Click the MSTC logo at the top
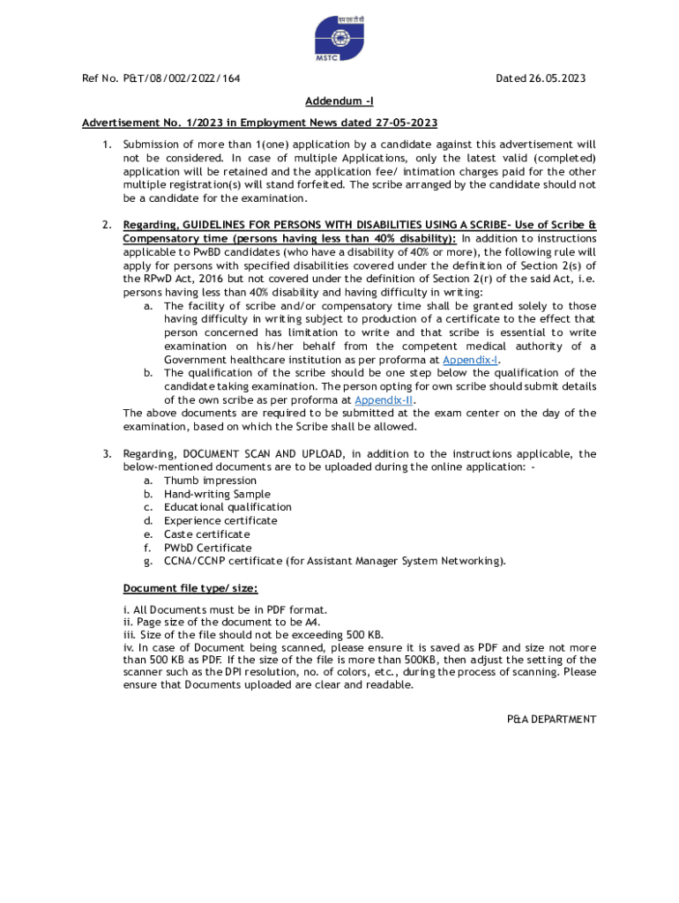pos(339,39)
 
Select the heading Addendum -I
pos(339,101)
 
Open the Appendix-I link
pos(471,360)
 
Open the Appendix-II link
pos(384,399)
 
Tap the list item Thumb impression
pos(210,481)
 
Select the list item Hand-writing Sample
pos(217,494)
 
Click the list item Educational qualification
pos(228,507)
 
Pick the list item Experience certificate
pos(220,520)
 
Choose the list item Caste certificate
pos(206,534)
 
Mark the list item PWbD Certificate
pos(207,548)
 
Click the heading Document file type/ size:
pos(190,588)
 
